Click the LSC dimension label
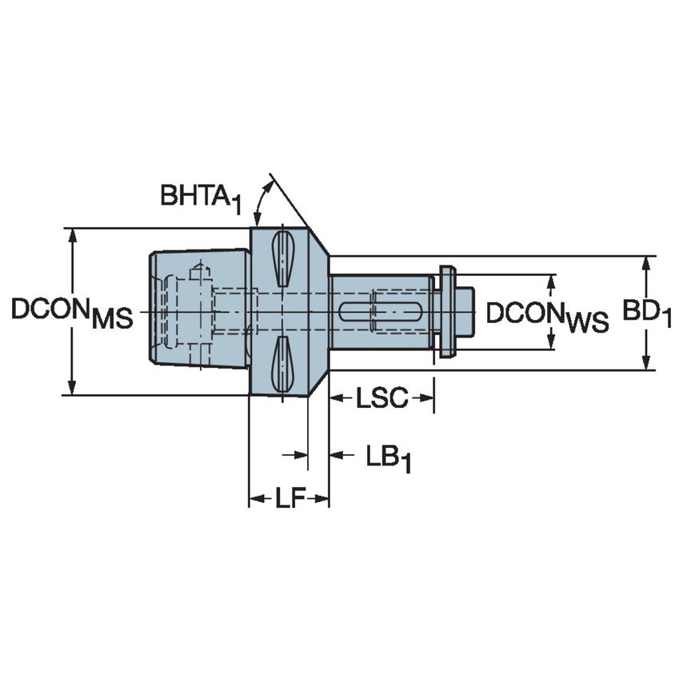(x=381, y=397)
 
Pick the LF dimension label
(x=290, y=500)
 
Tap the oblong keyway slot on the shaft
(x=372, y=312)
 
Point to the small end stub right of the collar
(x=465, y=311)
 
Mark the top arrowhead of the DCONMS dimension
(x=73, y=234)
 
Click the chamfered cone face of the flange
(x=318, y=312)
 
